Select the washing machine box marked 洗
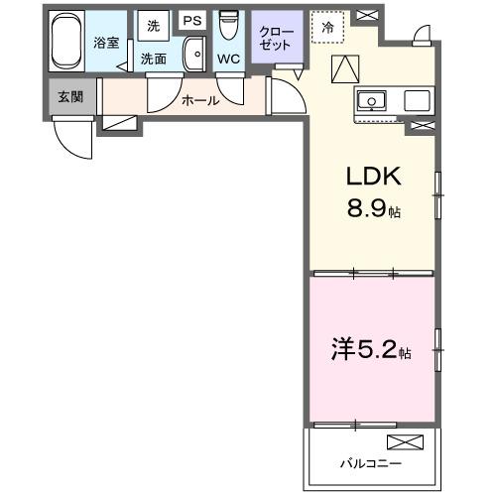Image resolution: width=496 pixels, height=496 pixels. pos(154,25)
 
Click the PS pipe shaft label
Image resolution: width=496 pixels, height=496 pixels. pos(191,20)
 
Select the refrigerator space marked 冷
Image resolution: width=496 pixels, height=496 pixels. pos(327,27)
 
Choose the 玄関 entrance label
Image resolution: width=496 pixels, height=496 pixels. pos(69,96)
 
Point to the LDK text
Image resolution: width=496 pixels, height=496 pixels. pos(372,177)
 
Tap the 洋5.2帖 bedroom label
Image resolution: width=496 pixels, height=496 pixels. pos(370,349)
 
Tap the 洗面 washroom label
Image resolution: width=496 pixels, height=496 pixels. pos(154,60)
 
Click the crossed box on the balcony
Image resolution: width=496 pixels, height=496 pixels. pos(404,442)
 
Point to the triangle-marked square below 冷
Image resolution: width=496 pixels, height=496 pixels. pos(343,68)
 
